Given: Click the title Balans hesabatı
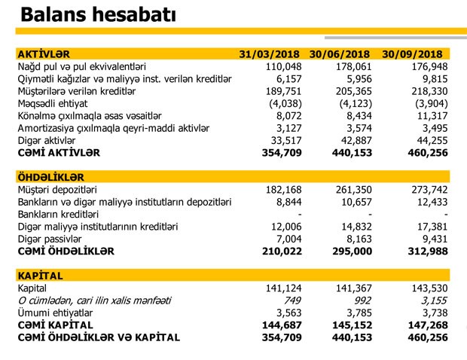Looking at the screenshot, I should (99, 14).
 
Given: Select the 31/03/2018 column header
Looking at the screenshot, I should (269, 55).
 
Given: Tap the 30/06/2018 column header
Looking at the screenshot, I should (340, 55).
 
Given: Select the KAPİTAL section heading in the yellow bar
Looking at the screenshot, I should (40, 276).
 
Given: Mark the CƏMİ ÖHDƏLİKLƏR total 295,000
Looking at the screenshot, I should (353, 251).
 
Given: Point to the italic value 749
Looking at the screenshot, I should (291, 301).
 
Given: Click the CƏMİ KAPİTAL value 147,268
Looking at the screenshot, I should (426, 325).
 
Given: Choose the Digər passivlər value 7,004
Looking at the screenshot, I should (287, 239).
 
